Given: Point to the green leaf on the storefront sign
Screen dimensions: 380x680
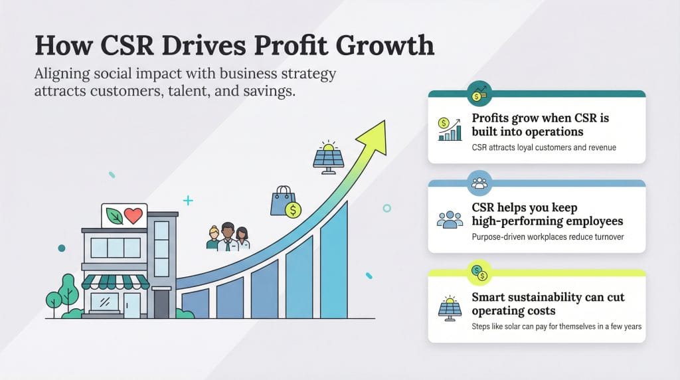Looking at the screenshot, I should [115, 216].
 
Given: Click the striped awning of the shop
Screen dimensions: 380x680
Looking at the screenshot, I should [116, 282].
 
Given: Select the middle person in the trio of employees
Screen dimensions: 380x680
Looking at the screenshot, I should [228, 236].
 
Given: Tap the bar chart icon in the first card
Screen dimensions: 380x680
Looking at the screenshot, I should [450, 129].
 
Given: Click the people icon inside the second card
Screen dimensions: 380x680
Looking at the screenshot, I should [450, 220].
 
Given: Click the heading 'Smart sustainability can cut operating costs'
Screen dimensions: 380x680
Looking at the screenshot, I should [548, 304].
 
